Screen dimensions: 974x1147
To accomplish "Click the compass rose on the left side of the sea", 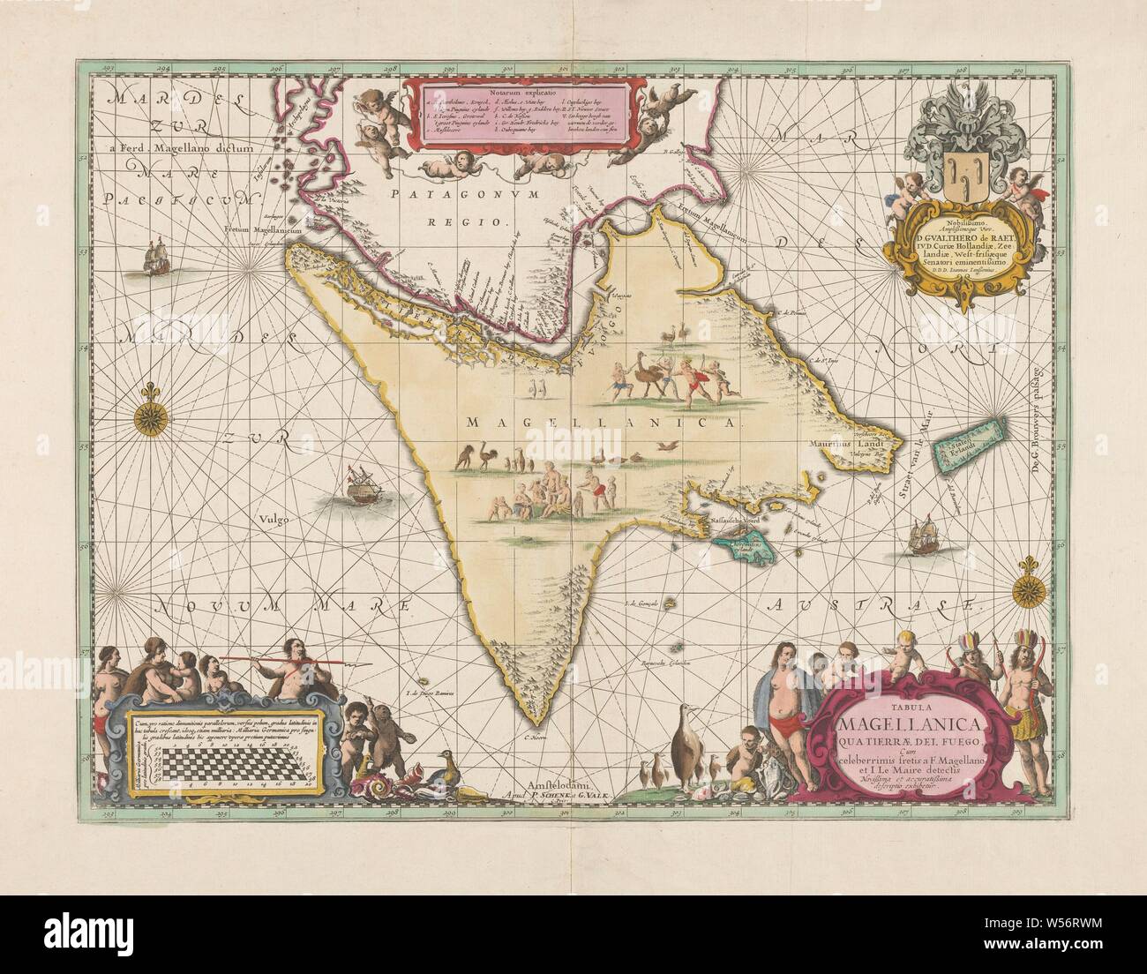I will coord(146,416).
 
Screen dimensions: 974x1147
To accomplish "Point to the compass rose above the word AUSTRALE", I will coord(1031,585).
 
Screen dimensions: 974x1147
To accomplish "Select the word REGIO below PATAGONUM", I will coord(483,221).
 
